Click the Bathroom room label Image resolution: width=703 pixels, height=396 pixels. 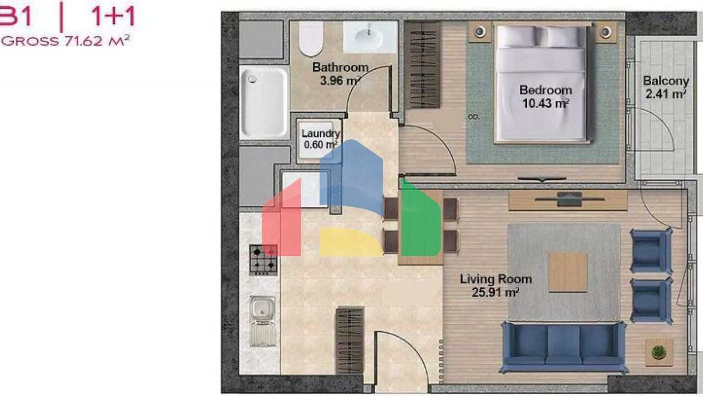coord(340,67)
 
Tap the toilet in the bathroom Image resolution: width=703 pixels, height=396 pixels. coord(311,38)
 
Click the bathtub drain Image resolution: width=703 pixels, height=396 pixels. coord(253,79)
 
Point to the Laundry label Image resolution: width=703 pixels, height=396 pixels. coord(320,133)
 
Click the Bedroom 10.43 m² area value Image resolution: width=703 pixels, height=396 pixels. coord(546,103)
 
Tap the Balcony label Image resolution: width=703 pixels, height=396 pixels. coord(666,81)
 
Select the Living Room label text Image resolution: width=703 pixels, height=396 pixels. coord(496,279)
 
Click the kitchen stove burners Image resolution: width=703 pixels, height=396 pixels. coord(264,260)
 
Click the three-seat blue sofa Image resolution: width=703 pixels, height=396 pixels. coord(564,347)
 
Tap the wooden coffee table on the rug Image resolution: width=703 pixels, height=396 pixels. coord(568,273)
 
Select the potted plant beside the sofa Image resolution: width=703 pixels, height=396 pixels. coord(659,352)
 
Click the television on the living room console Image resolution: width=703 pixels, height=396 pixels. coord(569,199)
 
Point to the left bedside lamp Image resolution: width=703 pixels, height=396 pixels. coord(480,32)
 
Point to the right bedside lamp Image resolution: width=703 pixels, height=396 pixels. coord(606,32)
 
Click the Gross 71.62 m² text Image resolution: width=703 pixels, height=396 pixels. coord(65,41)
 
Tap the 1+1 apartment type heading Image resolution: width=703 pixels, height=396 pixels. coord(113,16)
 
